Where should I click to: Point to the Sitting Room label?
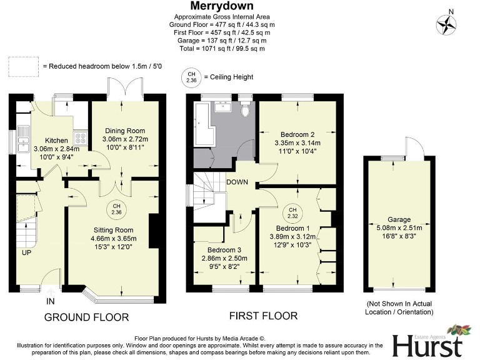116,230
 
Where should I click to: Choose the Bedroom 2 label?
297,134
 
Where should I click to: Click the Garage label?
398,219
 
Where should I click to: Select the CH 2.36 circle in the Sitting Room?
116,210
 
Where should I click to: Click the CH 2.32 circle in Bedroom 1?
292,212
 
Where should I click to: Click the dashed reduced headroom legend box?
22,66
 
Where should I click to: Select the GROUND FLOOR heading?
86,317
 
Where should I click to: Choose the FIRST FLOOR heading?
263,316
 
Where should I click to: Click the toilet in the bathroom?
248,110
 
